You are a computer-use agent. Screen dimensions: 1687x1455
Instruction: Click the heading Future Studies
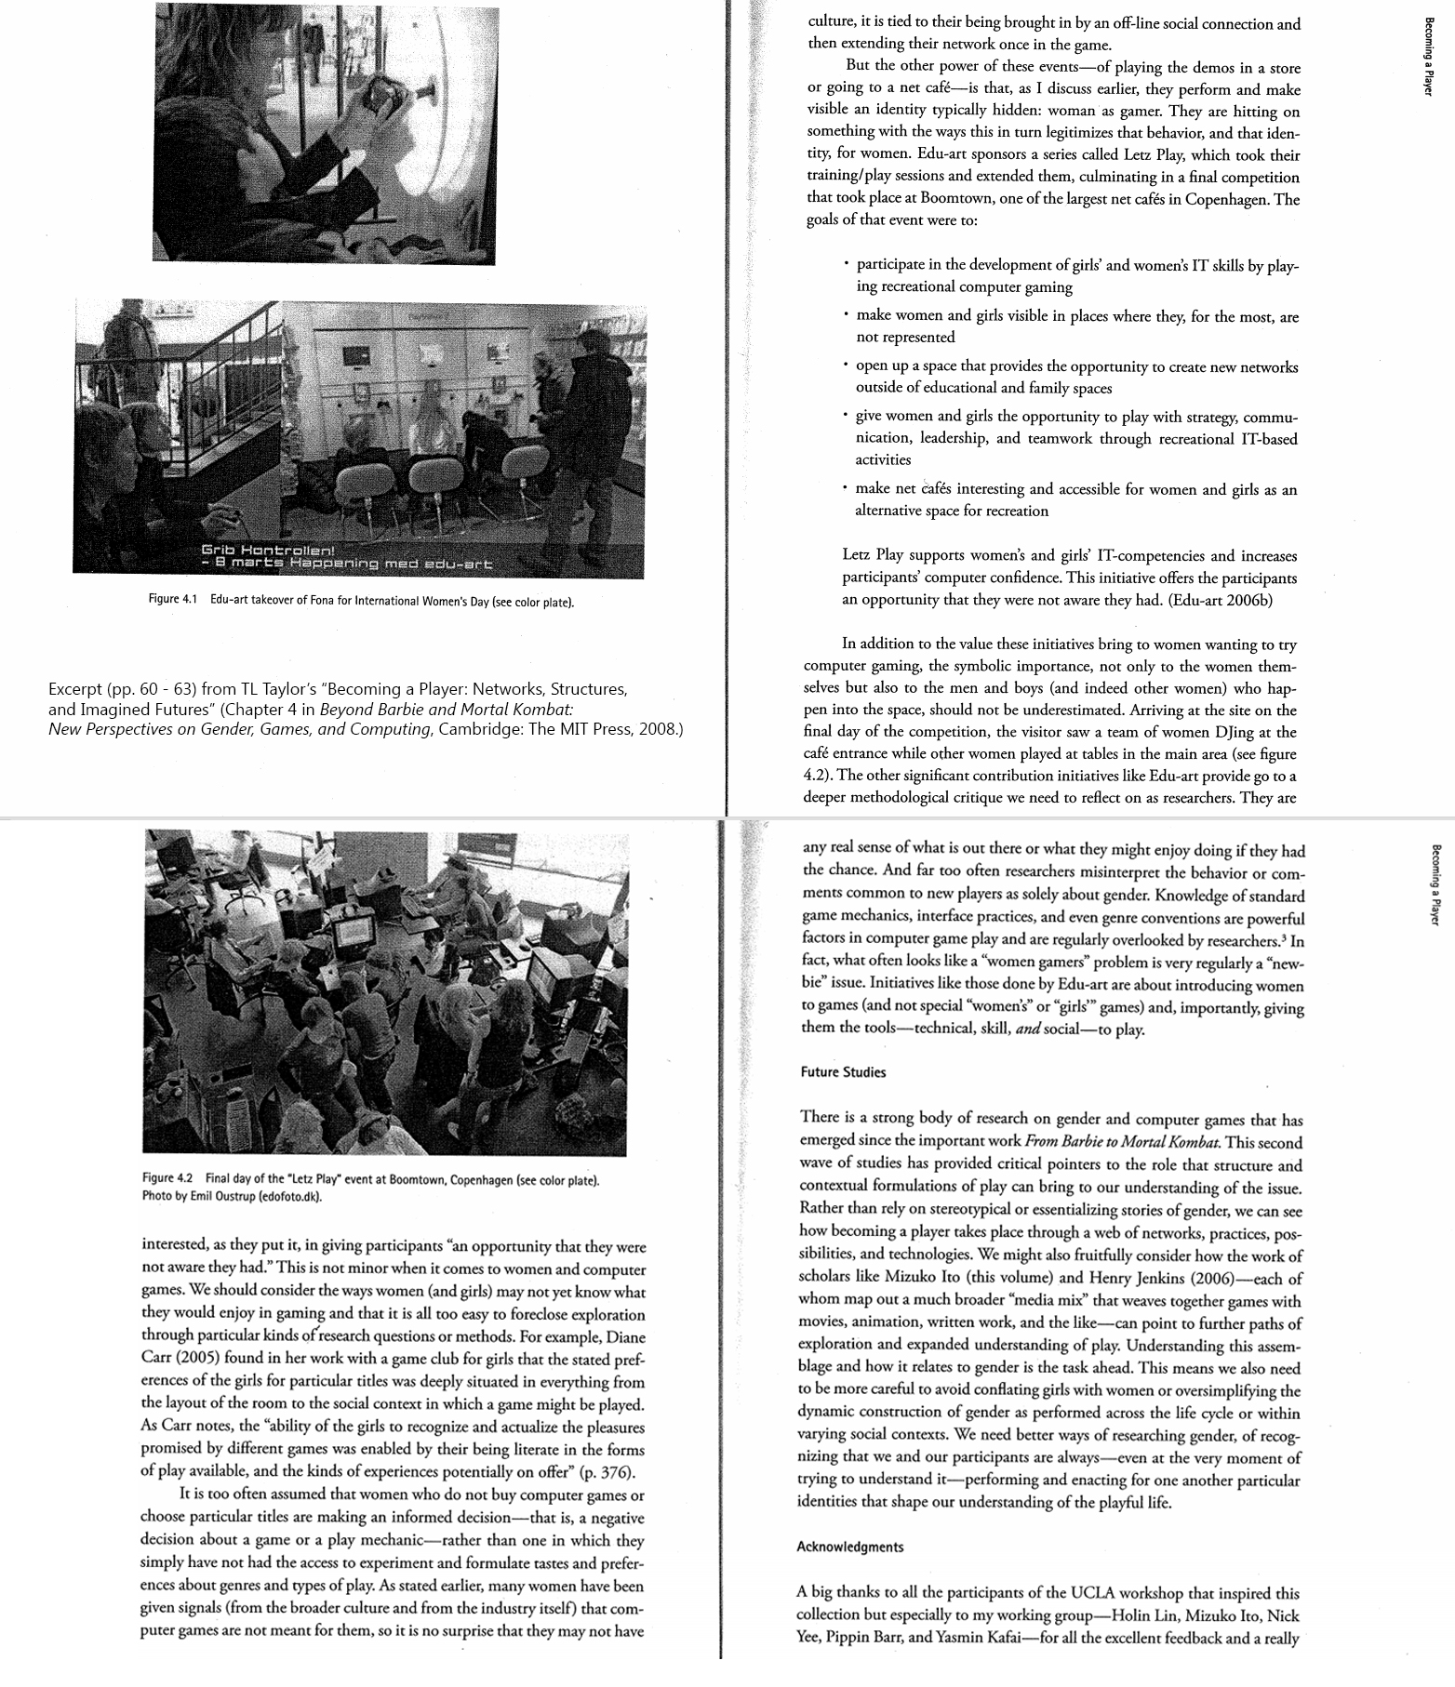pyautogui.click(x=843, y=1071)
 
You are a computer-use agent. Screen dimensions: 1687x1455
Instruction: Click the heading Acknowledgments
pyautogui.click(x=850, y=1547)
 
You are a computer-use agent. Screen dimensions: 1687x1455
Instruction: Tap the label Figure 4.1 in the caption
pyautogui.click(x=174, y=600)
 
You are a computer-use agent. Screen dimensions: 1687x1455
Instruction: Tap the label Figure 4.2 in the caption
pyautogui.click(x=168, y=1180)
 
